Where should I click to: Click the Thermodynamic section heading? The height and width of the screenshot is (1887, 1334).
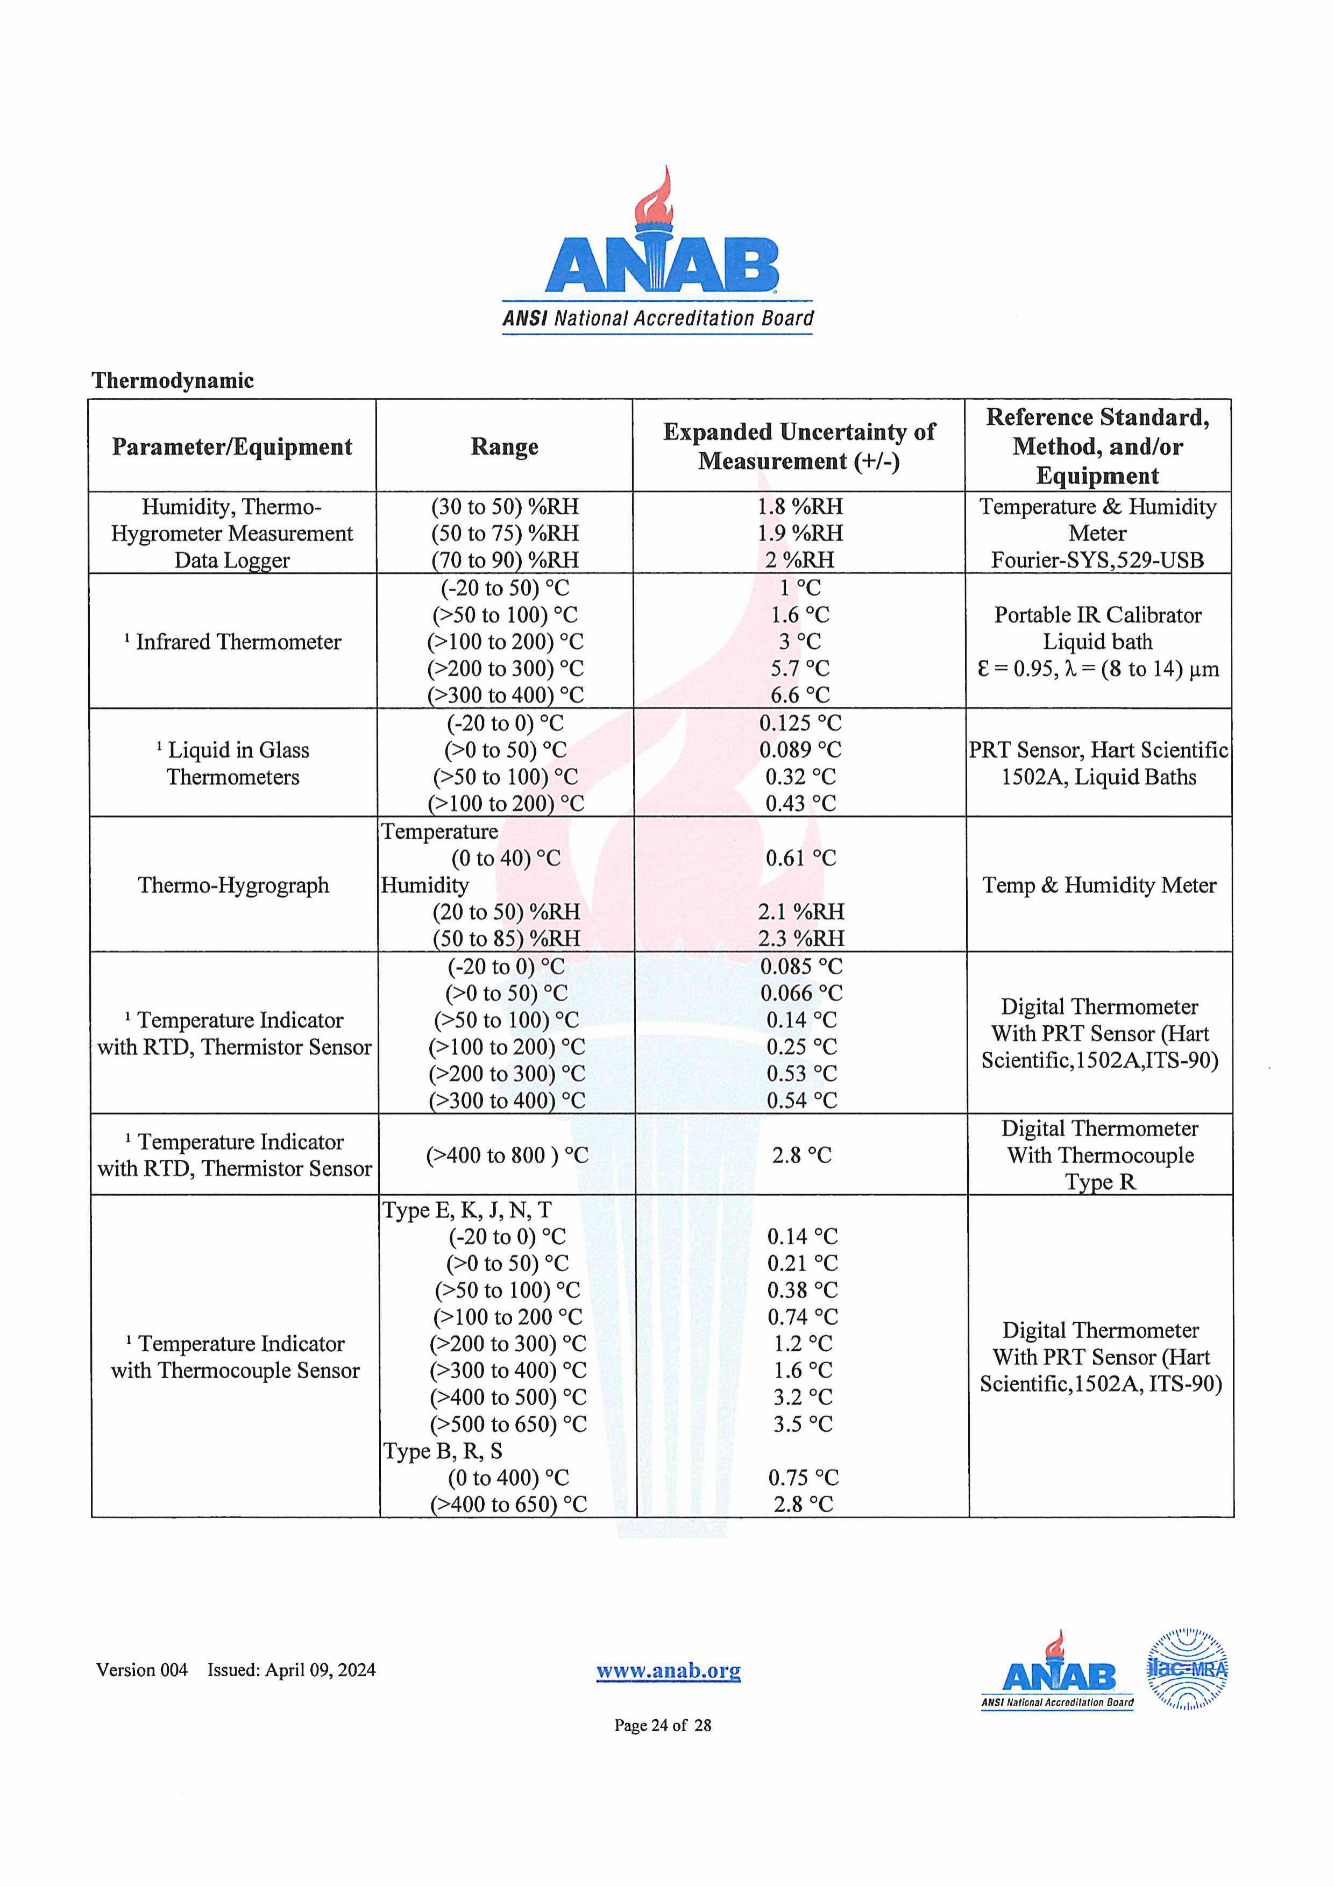click(173, 380)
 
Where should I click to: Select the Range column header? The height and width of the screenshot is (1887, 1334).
click(505, 446)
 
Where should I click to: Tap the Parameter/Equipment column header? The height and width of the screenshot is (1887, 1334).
click(232, 446)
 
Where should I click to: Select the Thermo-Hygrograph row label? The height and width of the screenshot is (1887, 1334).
click(233, 885)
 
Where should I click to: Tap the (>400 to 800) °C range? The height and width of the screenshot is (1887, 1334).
click(506, 1155)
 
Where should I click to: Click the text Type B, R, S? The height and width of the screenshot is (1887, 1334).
click(442, 1451)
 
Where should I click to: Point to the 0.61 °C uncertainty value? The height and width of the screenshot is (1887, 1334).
click(800, 858)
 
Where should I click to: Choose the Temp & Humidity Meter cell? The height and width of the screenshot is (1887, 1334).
click(1099, 885)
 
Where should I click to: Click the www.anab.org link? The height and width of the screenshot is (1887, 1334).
click(668, 1671)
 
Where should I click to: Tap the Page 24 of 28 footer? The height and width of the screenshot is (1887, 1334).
click(663, 1725)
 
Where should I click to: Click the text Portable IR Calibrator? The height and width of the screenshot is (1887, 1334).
click(1097, 615)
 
